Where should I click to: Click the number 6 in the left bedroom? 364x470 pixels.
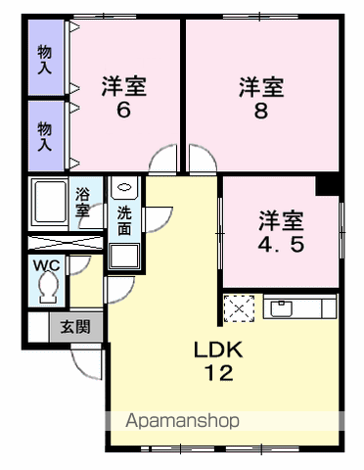(123, 110)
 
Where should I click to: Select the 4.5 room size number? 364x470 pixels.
(281, 244)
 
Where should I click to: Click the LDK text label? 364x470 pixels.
(218, 350)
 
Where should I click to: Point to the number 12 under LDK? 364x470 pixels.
(218, 373)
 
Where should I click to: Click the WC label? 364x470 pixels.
(47, 265)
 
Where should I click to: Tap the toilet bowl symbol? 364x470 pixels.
(49, 288)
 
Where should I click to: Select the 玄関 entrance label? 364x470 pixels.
(75, 327)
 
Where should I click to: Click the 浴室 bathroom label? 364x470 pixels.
(82, 203)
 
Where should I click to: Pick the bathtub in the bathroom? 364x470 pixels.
(51, 203)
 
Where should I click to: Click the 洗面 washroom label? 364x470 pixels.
(124, 221)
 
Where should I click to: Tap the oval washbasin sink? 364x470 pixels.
(124, 187)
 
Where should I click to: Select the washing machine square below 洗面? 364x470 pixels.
(124, 256)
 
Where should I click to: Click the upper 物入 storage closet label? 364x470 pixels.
(45, 60)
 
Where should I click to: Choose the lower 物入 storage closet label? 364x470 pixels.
(45, 136)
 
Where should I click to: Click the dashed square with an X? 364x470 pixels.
(239, 308)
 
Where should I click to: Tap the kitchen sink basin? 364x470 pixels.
(281, 308)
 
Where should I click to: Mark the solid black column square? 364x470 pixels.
(327, 186)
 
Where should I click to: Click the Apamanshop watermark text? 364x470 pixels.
(183, 421)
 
